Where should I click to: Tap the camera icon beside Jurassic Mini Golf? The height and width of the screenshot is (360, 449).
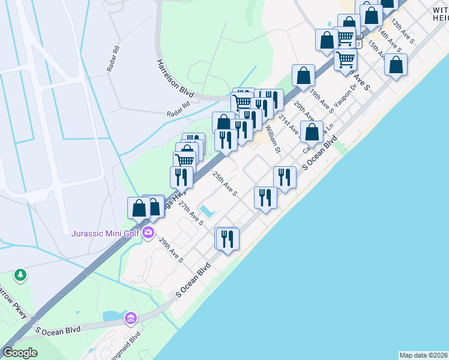(x=148, y=233)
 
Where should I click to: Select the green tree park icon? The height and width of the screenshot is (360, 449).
(x=21, y=275)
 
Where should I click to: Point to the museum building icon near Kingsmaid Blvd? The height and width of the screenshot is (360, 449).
(x=130, y=318)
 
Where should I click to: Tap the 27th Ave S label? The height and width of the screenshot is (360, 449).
(x=192, y=214)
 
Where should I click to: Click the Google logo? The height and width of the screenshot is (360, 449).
(x=20, y=353)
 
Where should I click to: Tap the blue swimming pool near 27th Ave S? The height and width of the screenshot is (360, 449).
(x=206, y=211)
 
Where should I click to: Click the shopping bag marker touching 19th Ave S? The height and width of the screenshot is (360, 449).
(x=304, y=76)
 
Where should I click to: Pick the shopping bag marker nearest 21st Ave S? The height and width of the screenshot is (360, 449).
(x=311, y=132)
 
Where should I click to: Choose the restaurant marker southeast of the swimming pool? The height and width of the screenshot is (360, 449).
(x=226, y=239)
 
